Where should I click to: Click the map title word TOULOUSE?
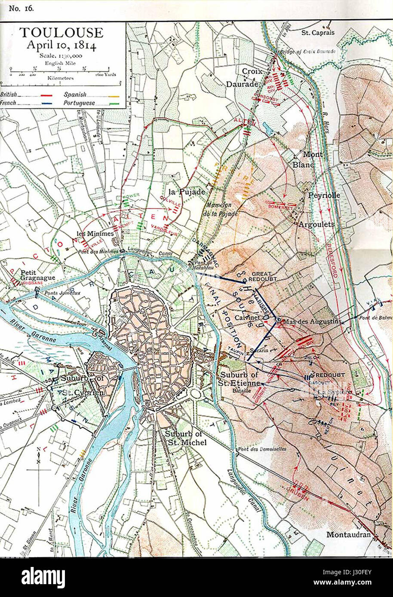coord(61,33)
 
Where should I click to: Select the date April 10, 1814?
coord(61,45)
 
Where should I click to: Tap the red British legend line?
coord(46,95)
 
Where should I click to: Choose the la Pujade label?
coord(186,192)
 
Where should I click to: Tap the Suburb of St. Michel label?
coord(186,439)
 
